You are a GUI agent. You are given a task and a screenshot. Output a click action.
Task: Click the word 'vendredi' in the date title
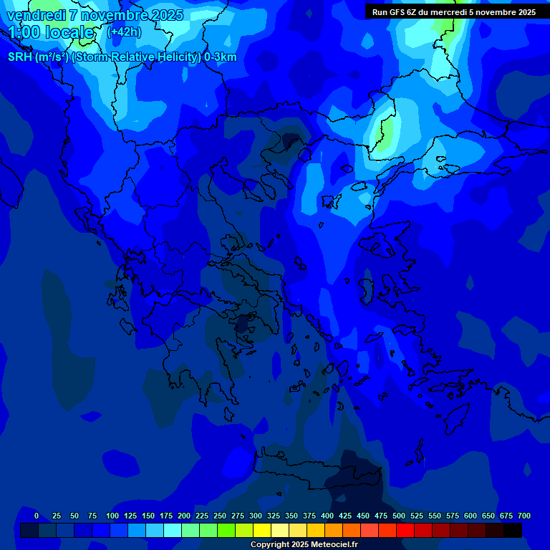coord(37,14)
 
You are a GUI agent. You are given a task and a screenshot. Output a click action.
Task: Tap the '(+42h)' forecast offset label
coord(124,32)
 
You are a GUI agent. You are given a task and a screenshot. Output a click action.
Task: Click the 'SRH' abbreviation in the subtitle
coord(21,57)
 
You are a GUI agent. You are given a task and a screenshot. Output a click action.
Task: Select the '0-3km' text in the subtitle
coord(220,57)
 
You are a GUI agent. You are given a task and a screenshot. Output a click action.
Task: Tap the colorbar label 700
coord(524,516)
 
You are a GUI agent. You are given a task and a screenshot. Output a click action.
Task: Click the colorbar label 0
coord(37,516)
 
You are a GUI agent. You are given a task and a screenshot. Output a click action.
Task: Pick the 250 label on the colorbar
coord(219,516)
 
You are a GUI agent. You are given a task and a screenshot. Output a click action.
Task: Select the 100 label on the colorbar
coord(112,516)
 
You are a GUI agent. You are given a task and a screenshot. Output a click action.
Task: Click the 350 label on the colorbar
coord(291,516)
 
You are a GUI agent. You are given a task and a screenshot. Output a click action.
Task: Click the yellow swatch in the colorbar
coord(262,530)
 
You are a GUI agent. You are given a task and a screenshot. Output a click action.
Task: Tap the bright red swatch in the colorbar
coord(405,530)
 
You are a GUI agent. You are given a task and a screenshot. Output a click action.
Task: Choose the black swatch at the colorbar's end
coord(513,530)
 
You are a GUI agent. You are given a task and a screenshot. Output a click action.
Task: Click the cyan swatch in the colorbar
coord(173,530)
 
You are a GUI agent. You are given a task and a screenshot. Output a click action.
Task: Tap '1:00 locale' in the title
coord(52,32)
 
